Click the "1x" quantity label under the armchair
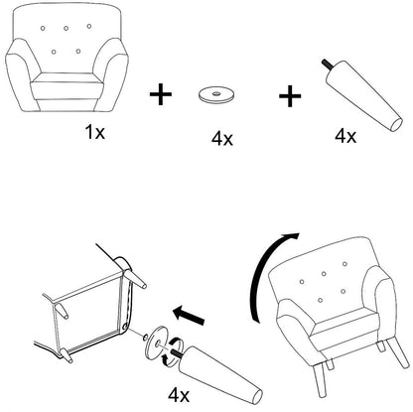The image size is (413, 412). [x=95, y=132]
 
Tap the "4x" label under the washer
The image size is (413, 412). [x=222, y=138]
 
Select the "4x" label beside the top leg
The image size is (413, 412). [x=345, y=136]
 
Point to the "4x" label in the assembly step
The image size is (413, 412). [x=179, y=395]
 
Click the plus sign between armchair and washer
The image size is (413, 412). [x=161, y=94]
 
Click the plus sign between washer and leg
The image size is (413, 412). [x=290, y=96]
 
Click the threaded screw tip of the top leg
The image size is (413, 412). [x=326, y=65]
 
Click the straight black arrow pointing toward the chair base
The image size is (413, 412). [x=189, y=315]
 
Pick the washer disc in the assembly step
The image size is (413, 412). [x=157, y=343]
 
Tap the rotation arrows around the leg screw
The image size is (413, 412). [x=172, y=351]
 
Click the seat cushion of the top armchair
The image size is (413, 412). [x=67, y=85]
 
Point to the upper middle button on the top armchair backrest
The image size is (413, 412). [x=67, y=29]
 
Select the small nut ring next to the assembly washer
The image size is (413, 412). [x=144, y=338]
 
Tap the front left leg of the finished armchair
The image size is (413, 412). [x=319, y=378]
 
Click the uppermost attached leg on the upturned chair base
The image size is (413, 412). [x=134, y=277]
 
